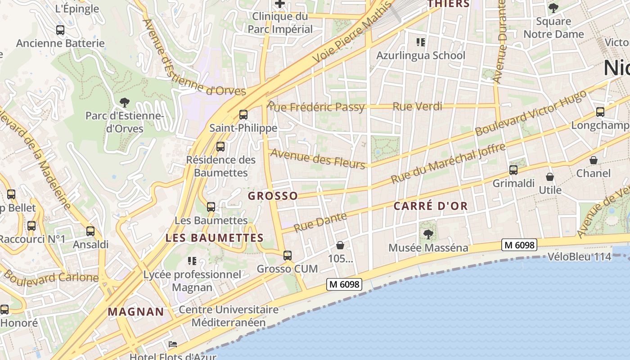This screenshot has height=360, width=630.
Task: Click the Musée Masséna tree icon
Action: tap(428, 234)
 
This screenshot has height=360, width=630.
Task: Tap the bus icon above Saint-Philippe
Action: tap(243, 115)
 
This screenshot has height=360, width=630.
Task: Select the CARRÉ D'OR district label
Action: tap(431, 206)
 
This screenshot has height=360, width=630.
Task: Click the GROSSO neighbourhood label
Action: tap(273, 196)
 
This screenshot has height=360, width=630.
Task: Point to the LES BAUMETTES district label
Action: tap(214, 238)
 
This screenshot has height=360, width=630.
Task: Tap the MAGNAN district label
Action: tap(136, 311)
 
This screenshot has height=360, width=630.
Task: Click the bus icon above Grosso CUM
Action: tap(288, 256)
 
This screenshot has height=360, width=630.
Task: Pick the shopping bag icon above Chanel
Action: tap(594, 160)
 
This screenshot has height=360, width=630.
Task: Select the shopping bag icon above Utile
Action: tap(549, 177)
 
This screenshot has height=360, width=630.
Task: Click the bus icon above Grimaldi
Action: tap(513, 170)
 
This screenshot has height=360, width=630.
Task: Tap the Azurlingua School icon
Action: tap(421, 42)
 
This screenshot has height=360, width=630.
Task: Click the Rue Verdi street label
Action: tap(417, 107)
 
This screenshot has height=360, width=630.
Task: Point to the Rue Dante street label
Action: tap(320, 222)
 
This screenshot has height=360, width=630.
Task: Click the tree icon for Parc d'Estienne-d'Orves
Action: tap(125, 103)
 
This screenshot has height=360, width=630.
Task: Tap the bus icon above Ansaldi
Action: tap(90, 231)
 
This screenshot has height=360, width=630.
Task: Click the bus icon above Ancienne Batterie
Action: tap(60, 30)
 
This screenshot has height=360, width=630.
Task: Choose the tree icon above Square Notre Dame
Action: tap(553, 8)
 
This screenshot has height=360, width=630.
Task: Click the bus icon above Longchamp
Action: tap(600, 112)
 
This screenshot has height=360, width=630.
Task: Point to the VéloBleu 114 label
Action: tap(580, 257)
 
